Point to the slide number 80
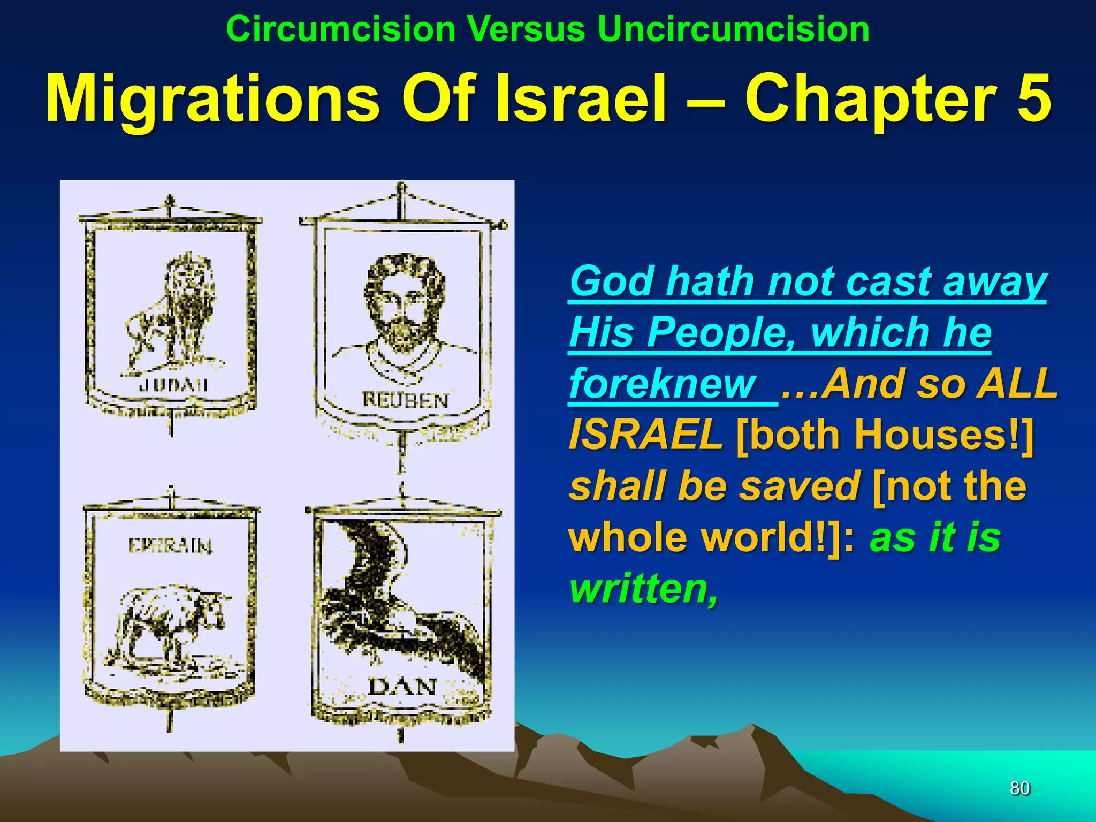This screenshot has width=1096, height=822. coord(1019,788)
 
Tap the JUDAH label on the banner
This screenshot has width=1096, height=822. coord(172,385)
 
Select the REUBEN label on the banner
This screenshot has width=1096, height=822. coord(405,400)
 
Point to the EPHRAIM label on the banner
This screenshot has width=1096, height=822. coord(170,545)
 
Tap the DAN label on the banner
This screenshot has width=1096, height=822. coord(402,687)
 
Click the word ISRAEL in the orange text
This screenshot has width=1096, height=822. coord(645,434)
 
